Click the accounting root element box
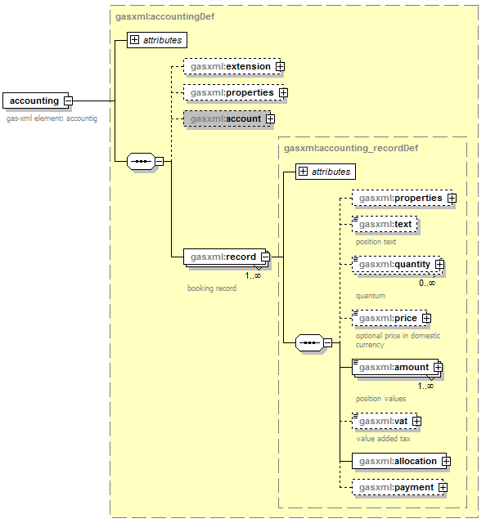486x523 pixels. tap(35, 101)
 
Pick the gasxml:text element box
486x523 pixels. tap(385, 224)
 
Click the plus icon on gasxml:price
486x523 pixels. tap(426, 318)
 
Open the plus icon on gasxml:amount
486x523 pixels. tap(438, 367)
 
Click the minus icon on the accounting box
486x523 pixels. tap(68, 101)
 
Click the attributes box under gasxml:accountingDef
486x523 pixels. tap(157, 40)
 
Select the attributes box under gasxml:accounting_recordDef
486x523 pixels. tap(326, 172)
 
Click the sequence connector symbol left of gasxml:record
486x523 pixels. tap(141, 162)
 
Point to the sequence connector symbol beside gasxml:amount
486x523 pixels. tap(309, 342)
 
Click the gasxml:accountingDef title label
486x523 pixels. tap(164, 16)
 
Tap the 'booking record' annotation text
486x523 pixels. tap(212, 288)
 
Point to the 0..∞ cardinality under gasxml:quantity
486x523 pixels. tap(427, 284)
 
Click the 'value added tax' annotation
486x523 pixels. tap(383, 439)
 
